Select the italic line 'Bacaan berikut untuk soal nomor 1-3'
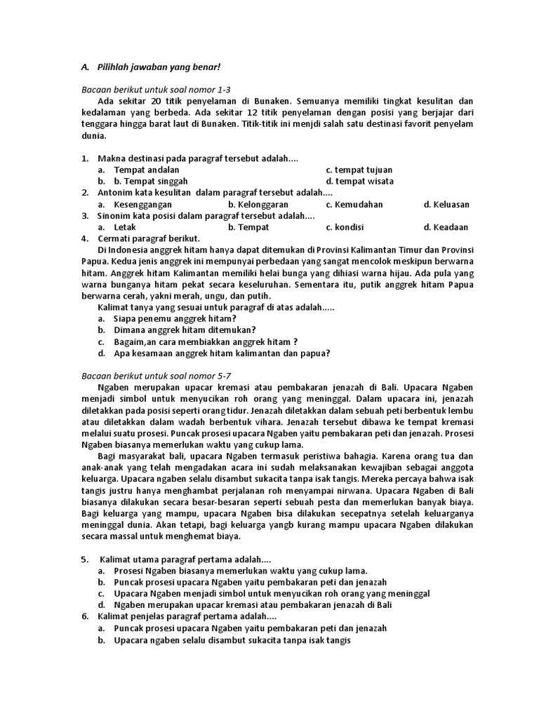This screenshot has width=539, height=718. tap(155, 90)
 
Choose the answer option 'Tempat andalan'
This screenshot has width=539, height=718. tap(147, 170)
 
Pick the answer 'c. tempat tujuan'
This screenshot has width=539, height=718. tap(359, 170)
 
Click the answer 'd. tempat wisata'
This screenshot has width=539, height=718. tap(359, 181)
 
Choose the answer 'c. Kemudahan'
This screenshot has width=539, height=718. tap(354, 204)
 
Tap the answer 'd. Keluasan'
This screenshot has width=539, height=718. tap(446, 204)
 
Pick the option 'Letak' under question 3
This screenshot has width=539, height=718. tap(125, 227)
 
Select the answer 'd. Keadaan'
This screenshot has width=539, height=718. tap(446, 227)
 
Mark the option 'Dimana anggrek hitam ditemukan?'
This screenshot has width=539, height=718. tap(185, 330)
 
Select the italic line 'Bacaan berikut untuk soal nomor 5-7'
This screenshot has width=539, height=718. tap(155, 376)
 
